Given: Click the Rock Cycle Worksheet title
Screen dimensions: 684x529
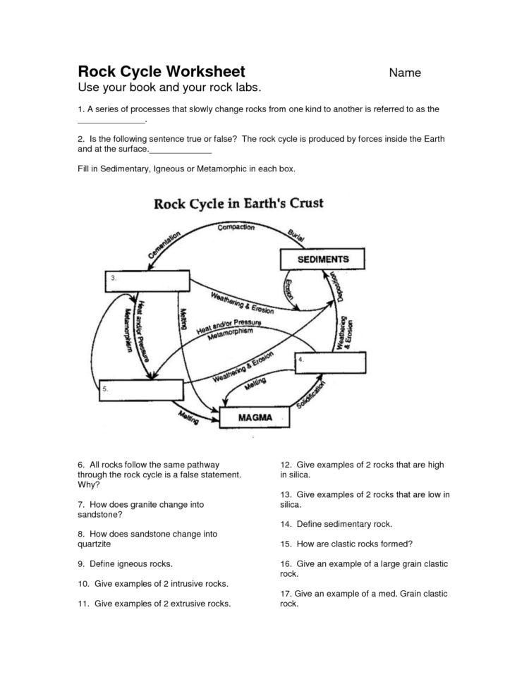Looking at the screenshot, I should pyautogui.click(x=162, y=71).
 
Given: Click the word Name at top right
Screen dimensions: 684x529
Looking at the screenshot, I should pyautogui.click(x=405, y=73).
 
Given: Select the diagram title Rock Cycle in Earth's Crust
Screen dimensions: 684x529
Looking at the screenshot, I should pyautogui.click(x=238, y=204).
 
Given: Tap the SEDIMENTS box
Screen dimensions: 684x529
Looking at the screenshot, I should pyautogui.click(x=323, y=259).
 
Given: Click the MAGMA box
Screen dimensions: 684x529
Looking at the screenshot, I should pyautogui.click(x=255, y=417).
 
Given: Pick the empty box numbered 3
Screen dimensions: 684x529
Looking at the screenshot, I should pyautogui.click(x=148, y=281).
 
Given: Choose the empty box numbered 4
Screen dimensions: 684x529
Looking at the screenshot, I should pyautogui.click(x=332, y=363).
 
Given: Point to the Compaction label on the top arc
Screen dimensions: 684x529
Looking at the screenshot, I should pyautogui.click(x=236, y=228).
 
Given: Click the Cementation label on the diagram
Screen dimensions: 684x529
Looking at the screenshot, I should pyautogui.click(x=164, y=244).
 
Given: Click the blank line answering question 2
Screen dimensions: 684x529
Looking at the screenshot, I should pyautogui.click(x=181, y=152).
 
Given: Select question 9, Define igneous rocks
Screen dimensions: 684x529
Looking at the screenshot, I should pyautogui.click(x=126, y=564).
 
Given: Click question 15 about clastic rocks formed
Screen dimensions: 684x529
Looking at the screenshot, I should pyautogui.click(x=346, y=544).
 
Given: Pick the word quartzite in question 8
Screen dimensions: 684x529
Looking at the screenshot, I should pyautogui.click(x=95, y=544).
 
